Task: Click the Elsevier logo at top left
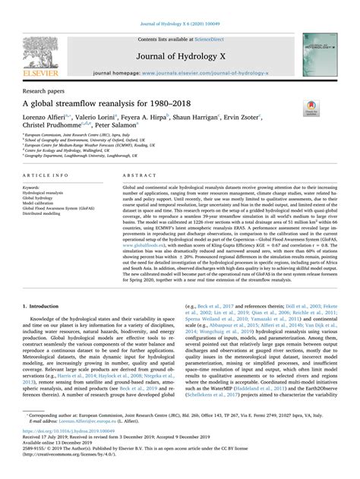click(39, 47)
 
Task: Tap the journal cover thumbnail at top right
click(320, 47)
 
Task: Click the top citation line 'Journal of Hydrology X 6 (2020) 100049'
click(179, 8)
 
